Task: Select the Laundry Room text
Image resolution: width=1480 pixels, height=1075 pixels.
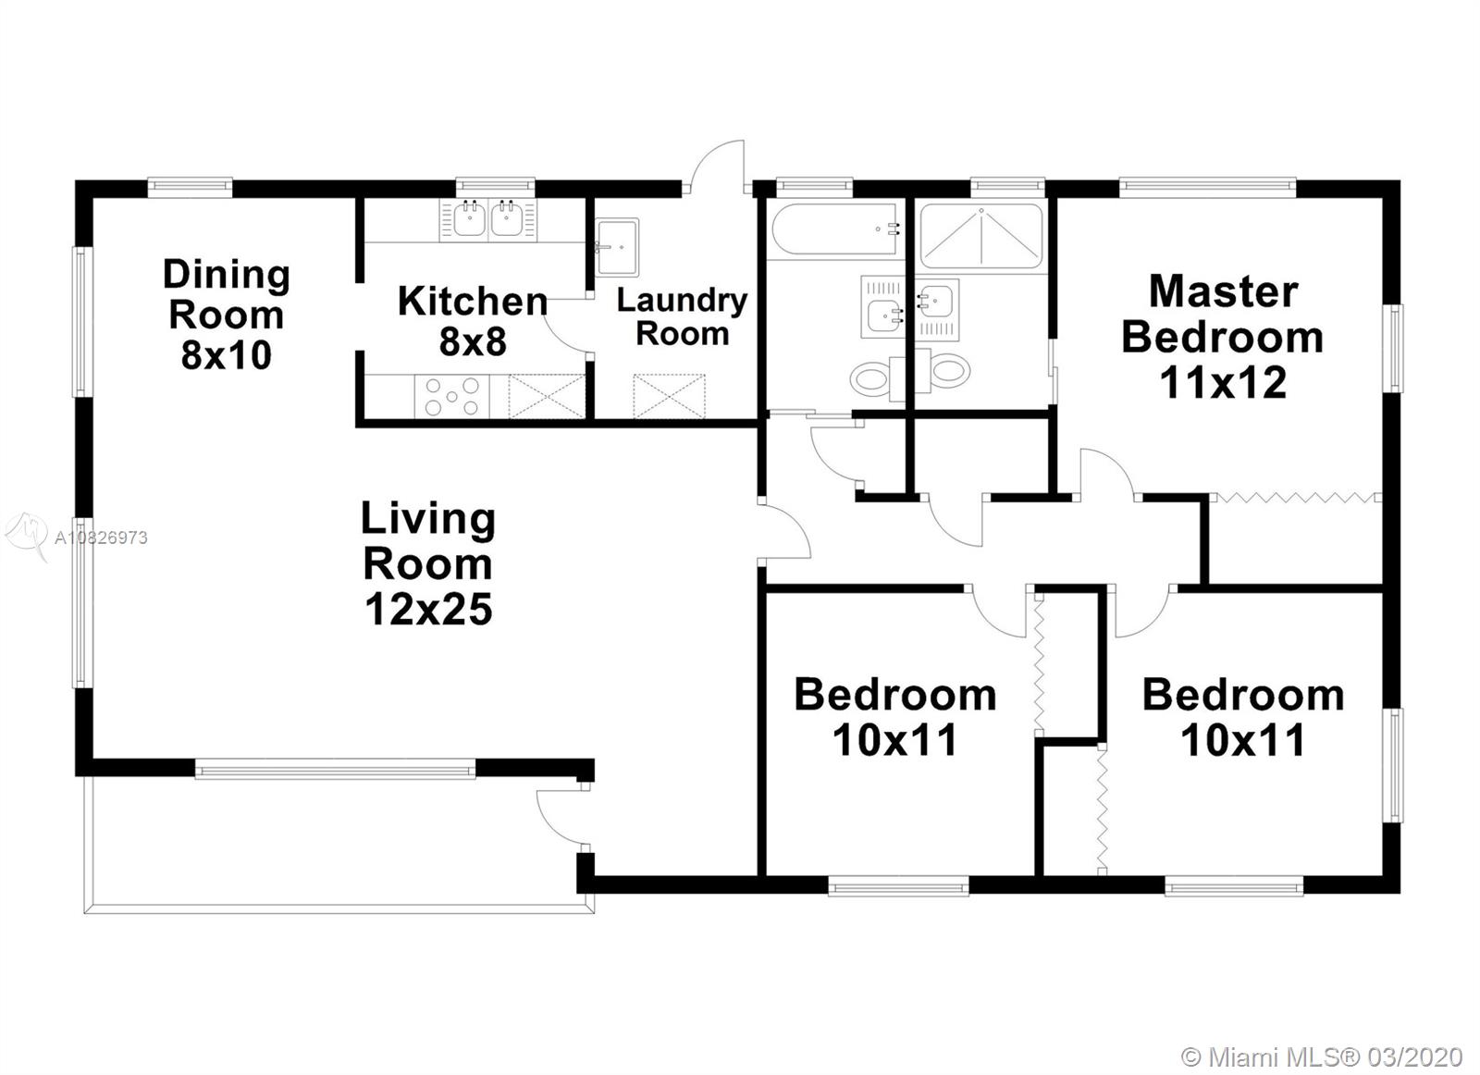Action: pyautogui.click(x=682, y=316)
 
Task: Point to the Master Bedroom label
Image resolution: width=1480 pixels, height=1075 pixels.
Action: pyautogui.click(x=1222, y=315)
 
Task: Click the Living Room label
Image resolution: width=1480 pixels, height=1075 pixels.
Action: pyautogui.click(x=428, y=541)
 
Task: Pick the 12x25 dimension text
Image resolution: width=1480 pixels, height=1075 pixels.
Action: pyautogui.click(x=428, y=610)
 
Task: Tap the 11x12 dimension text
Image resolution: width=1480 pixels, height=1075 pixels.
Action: pyautogui.click(x=1222, y=382)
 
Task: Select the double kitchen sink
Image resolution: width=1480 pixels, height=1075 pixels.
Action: pyautogui.click(x=487, y=220)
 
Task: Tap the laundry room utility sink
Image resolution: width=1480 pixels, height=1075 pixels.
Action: pyautogui.click(x=616, y=246)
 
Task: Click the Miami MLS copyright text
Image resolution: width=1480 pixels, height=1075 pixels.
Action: pyautogui.click(x=1322, y=1056)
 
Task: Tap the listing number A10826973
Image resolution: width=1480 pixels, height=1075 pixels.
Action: pyautogui.click(x=101, y=537)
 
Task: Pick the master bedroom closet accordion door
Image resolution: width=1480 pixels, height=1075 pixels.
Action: pyautogui.click(x=1294, y=498)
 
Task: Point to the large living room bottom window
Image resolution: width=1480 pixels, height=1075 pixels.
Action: pyautogui.click(x=335, y=769)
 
